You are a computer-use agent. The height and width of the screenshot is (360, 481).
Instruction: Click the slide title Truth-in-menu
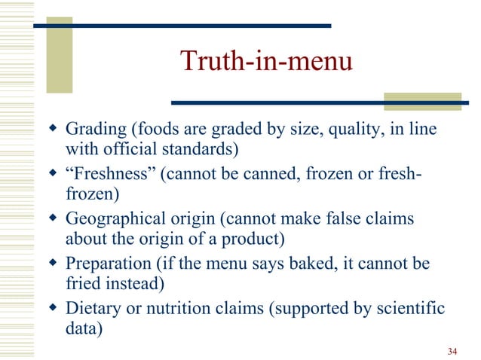point(266,62)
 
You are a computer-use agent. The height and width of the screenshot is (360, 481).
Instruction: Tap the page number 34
point(452,352)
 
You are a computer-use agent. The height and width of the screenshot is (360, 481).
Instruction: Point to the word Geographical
point(111,220)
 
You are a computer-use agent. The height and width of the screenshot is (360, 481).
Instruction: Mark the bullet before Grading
point(52,132)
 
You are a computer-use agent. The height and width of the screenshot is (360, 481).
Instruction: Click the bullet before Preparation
point(52,264)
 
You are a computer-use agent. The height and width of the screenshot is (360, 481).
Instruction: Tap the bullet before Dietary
point(52,308)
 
